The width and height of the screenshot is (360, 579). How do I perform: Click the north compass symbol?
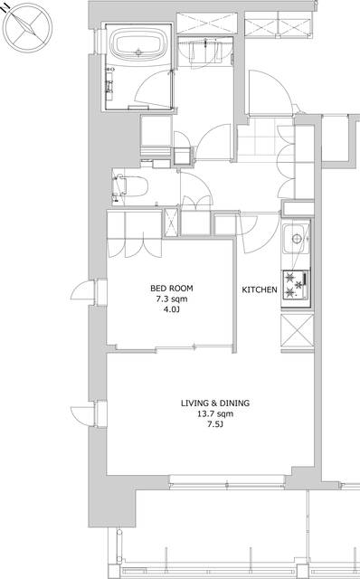(x=27, y=28)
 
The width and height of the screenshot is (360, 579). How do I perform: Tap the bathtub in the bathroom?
(x=138, y=45)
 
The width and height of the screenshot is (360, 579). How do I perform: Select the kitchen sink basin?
(x=296, y=239)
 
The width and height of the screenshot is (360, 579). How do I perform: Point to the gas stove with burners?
(x=296, y=285)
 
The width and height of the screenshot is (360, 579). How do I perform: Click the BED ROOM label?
(x=172, y=288)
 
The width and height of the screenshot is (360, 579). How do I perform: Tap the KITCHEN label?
(x=260, y=289)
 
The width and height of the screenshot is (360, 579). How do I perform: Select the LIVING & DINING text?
(x=215, y=403)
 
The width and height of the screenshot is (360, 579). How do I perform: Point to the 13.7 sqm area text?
(x=215, y=414)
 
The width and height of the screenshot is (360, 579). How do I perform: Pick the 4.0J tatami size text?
(x=172, y=309)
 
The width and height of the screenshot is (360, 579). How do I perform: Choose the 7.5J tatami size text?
(x=215, y=424)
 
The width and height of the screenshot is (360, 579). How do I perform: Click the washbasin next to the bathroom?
(x=204, y=52)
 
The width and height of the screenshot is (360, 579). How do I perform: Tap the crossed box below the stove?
(x=298, y=330)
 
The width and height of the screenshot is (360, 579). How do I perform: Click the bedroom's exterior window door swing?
(x=81, y=290)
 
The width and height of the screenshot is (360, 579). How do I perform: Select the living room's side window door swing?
(x=81, y=416)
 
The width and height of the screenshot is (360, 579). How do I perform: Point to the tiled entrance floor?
(x=265, y=139)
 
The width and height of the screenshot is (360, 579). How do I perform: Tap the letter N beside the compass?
(x=5, y=8)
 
